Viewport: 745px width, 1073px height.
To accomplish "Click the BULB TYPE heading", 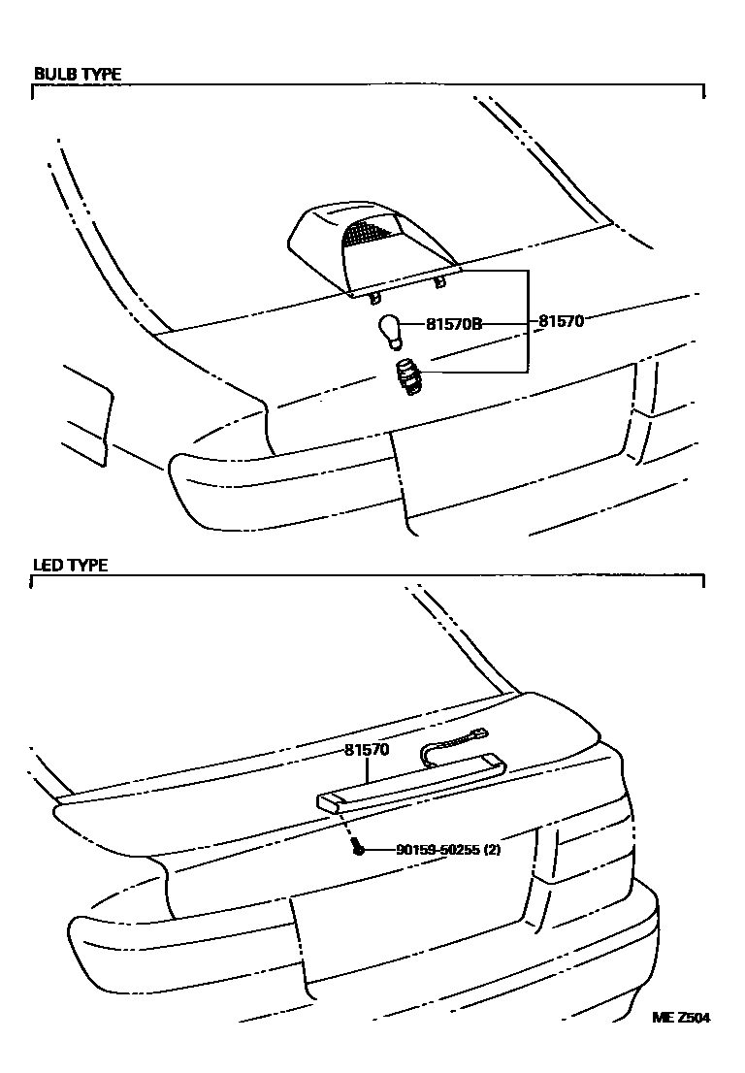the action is (78, 74).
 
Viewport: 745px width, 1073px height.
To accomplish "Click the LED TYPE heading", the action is (71, 565).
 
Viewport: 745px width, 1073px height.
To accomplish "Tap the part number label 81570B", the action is (454, 323).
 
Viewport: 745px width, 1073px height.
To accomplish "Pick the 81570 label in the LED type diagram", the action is (367, 749).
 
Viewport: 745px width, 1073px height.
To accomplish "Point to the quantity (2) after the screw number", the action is (492, 849).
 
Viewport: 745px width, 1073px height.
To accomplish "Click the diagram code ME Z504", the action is (681, 1018).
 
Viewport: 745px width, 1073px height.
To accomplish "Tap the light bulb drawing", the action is (392, 329).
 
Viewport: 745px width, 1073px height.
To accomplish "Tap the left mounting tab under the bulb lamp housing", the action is (374, 296).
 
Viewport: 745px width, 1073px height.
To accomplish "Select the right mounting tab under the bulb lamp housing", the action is (439, 281).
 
